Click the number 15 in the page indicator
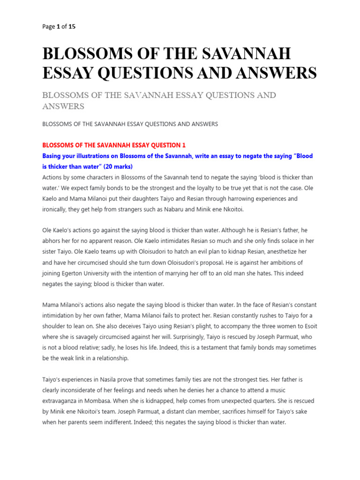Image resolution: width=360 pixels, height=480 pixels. pos(72,27)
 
